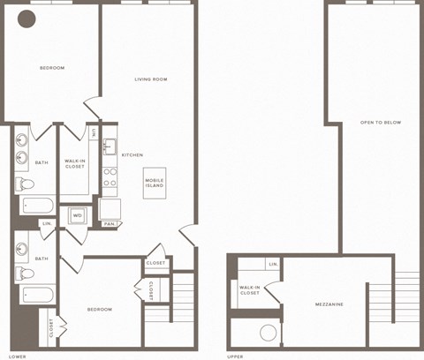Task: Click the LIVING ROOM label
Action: pyautogui.click(x=151, y=79)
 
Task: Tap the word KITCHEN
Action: pyautogui.click(x=132, y=154)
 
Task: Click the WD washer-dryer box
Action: pyautogui.click(x=78, y=215)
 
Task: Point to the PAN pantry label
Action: pyautogui.click(x=109, y=224)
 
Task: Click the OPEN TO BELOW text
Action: pyautogui.click(x=381, y=122)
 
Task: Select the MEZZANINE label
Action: pyautogui.click(x=329, y=304)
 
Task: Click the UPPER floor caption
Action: pyautogui.click(x=235, y=356)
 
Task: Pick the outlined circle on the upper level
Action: pyautogui.click(x=269, y=333)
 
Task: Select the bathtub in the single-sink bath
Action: pyautogui.click(x=37, y=295)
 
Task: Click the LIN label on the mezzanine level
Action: pyautogui.click(x=273, y=263)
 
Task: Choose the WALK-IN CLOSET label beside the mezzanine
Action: pyautogui.click(x=250, y=289)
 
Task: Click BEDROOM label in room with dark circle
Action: pyautogui.click(x=52, y=68)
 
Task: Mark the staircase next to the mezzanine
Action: pyautogui.click(x=406, y=300)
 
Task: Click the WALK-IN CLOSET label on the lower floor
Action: pyautogui.click(x=75, y=164)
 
